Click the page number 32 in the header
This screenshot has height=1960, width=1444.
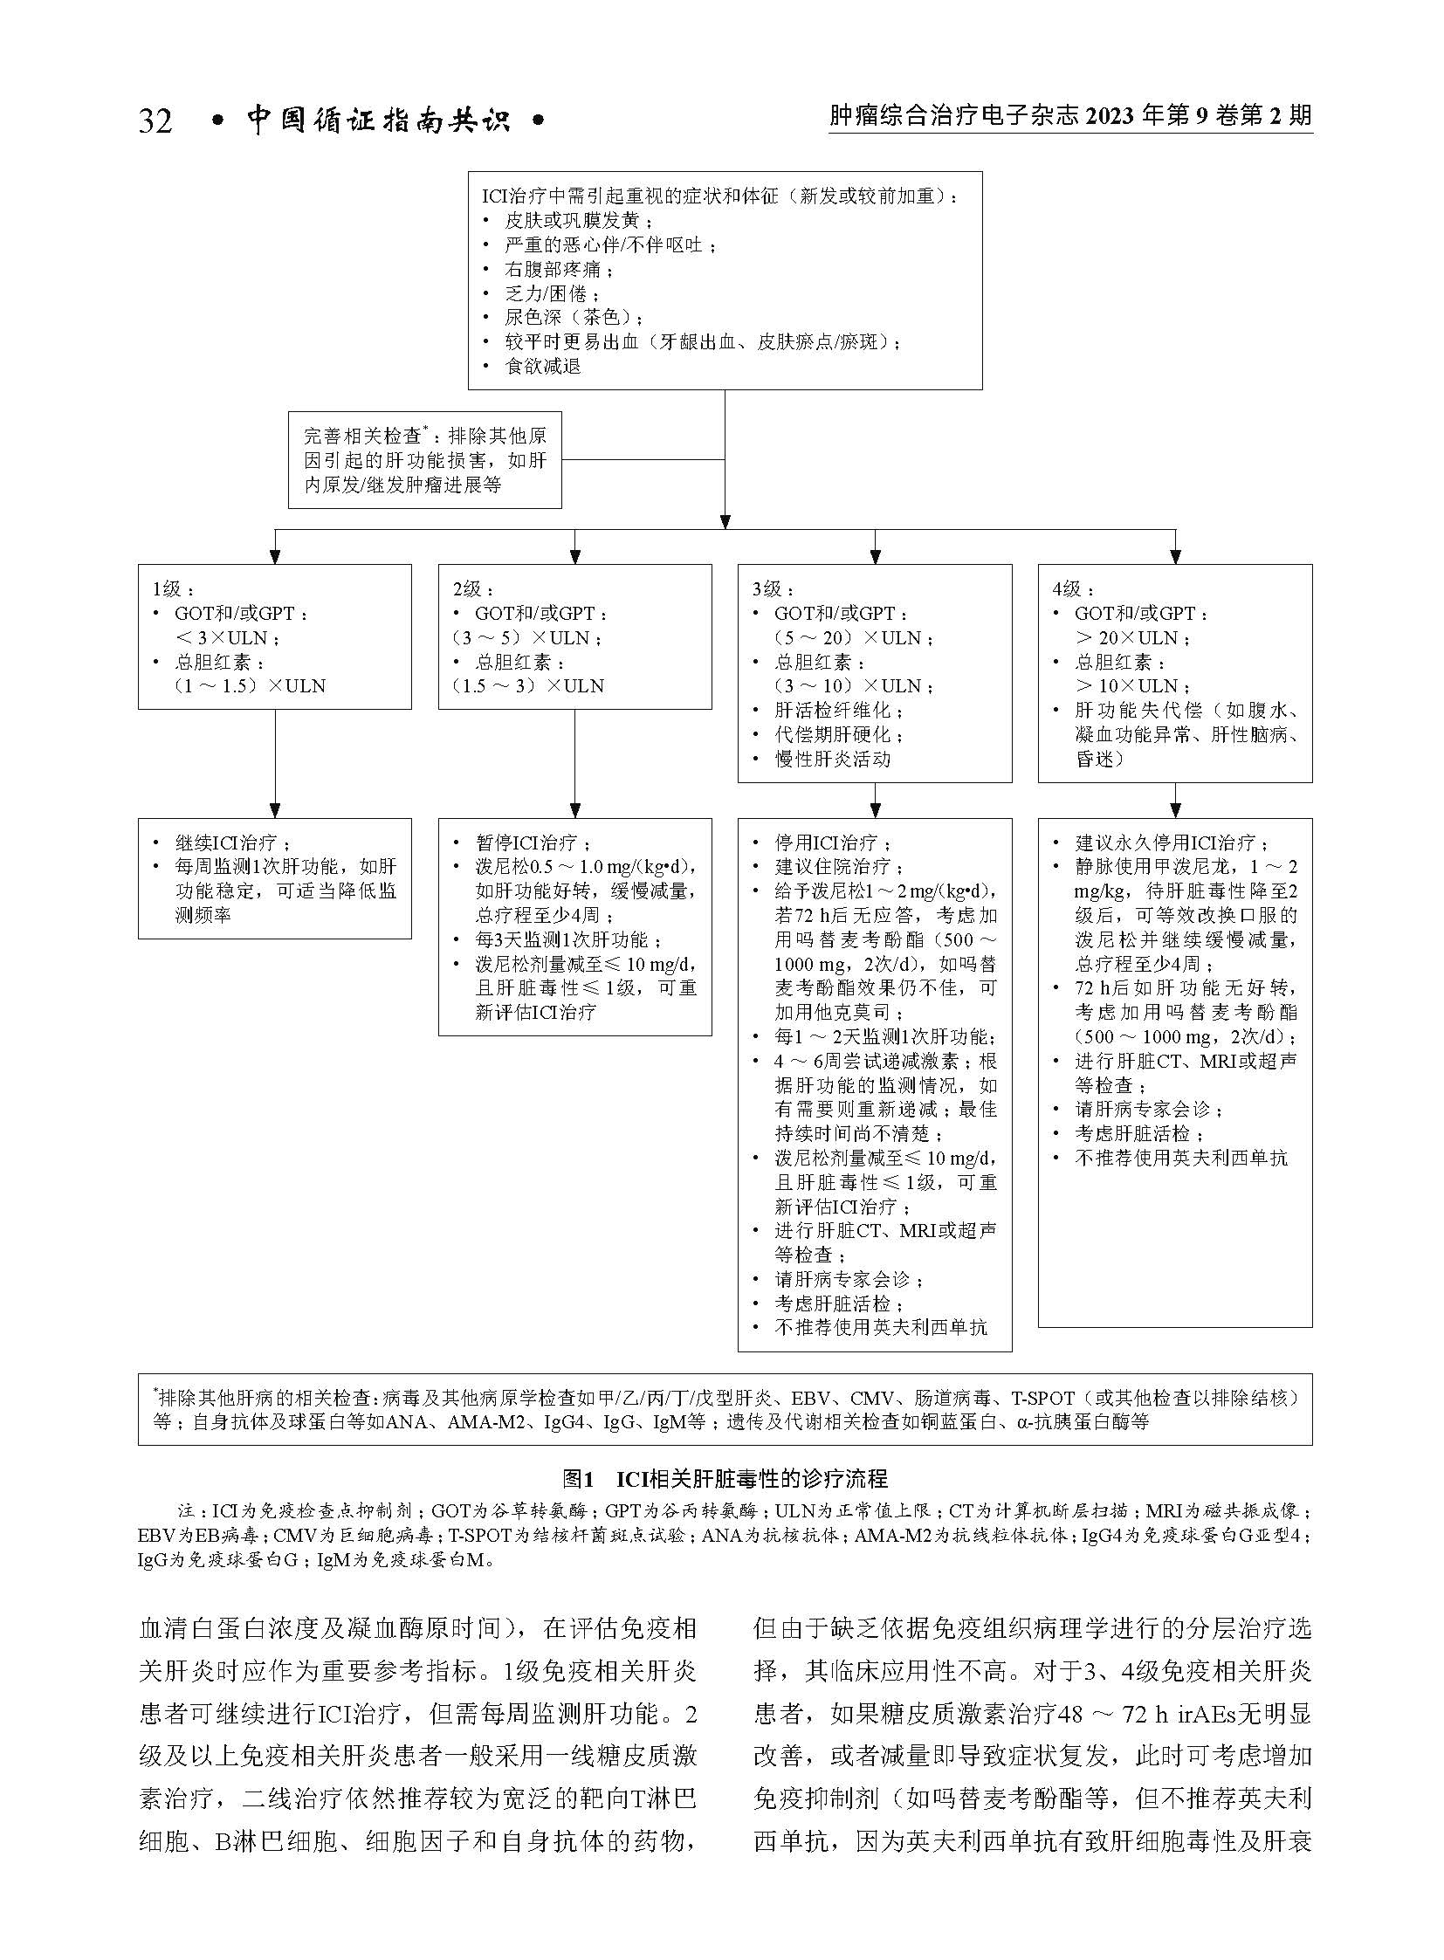tap(155, 120)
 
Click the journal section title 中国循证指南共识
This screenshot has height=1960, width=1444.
tap(378, 120)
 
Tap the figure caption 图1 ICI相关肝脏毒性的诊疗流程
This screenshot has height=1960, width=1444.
tap(725, 1478)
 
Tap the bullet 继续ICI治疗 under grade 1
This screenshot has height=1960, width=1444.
tap(231, 842)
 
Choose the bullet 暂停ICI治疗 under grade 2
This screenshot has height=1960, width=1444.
tap(533, 842)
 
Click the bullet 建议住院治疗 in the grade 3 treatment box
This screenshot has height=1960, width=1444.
tap(832, 867)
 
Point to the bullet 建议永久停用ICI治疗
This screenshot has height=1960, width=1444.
tap(1171, 842)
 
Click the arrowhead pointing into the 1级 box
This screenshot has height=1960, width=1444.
tap(274, 555)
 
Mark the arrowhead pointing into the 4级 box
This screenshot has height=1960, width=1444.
tap(1176, 555)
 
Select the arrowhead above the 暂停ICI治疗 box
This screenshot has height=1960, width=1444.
tap(574, 809)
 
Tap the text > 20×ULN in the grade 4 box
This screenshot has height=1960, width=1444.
tap(1131, 638)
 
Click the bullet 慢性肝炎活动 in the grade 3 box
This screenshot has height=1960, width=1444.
tap(832, 759)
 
